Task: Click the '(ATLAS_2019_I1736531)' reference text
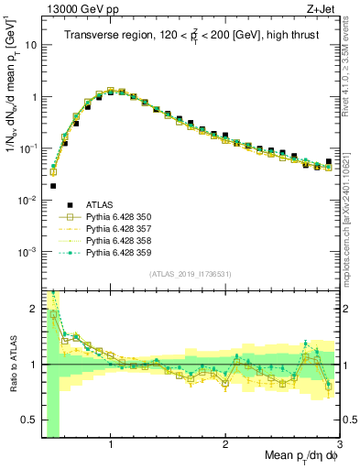[x=191, y=274]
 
